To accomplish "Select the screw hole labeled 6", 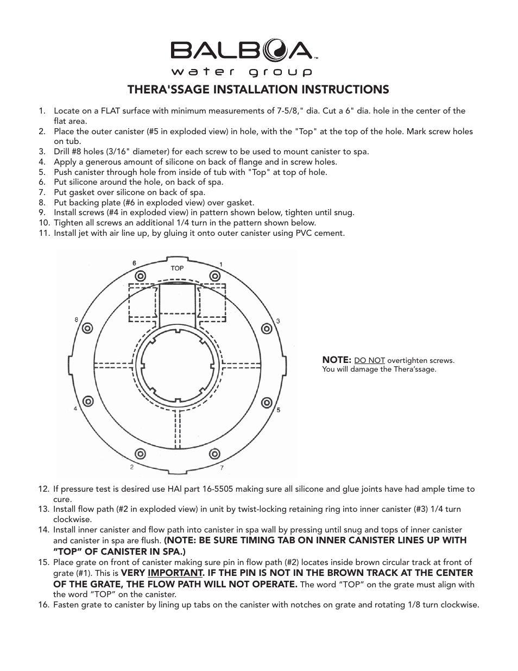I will pos(139,275).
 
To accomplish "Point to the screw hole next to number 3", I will pos(267,328).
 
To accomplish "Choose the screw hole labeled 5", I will pos(267,403).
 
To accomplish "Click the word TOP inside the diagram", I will pos(177,268).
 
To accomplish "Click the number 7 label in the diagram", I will pos(221,467).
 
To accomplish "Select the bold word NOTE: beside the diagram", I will pos(337,360).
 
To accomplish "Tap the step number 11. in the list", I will pos(44,233).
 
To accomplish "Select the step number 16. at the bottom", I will pos(44,605).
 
